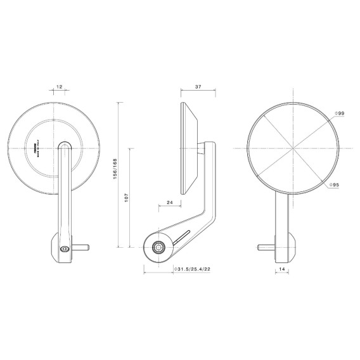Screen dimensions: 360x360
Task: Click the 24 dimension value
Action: [170, 202]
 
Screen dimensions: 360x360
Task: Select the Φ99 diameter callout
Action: [340, 113]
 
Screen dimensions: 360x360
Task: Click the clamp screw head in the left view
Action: [63, 249]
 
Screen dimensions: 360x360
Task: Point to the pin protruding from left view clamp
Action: [82, 247]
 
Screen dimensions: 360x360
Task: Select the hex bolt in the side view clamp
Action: [158, 247]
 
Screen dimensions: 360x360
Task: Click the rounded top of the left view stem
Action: [64, 147]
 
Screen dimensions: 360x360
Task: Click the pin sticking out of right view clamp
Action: [265, 247]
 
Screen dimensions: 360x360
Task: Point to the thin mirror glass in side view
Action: [184, 148]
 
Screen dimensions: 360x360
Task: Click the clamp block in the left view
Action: [63, 248]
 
